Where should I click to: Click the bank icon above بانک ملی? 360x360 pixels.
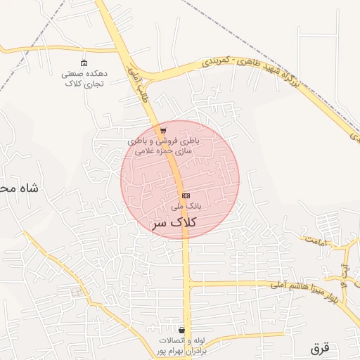(x=186, y=195)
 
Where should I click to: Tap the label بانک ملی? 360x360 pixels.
(x=186, y=207)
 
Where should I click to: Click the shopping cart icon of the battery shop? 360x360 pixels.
(x=163, y=131)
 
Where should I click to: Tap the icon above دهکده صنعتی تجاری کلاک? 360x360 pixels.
(x=84, y=63)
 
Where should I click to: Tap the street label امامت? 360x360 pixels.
(x=317, y=241)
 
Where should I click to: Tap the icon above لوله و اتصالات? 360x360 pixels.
(x=182, y=330)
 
